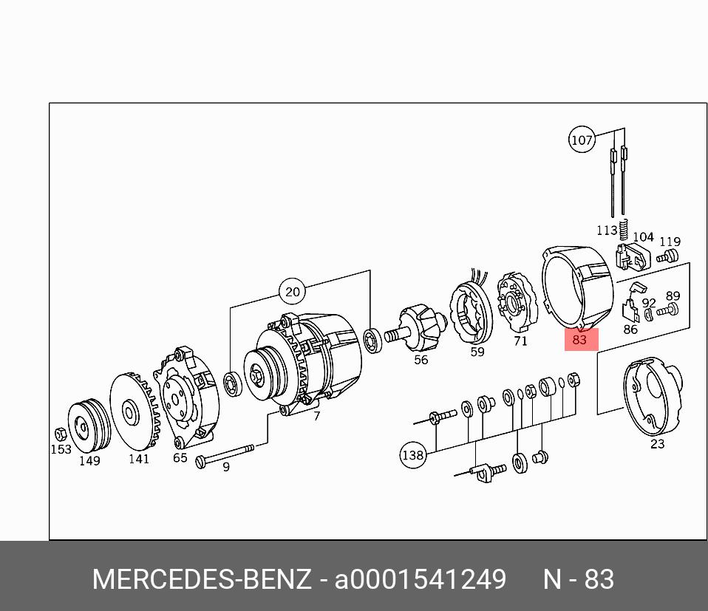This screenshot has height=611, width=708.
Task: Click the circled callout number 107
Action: click(582, 140)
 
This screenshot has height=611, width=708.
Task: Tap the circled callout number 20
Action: click(293, 292)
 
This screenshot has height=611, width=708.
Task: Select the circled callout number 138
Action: click(413, 455)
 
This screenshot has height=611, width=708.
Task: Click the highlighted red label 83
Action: click(581, 339)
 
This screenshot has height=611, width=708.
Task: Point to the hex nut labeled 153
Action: click(61, 434)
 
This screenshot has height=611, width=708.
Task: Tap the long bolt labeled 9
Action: click(225, 454)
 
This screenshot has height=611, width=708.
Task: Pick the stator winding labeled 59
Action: click(471, 311)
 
